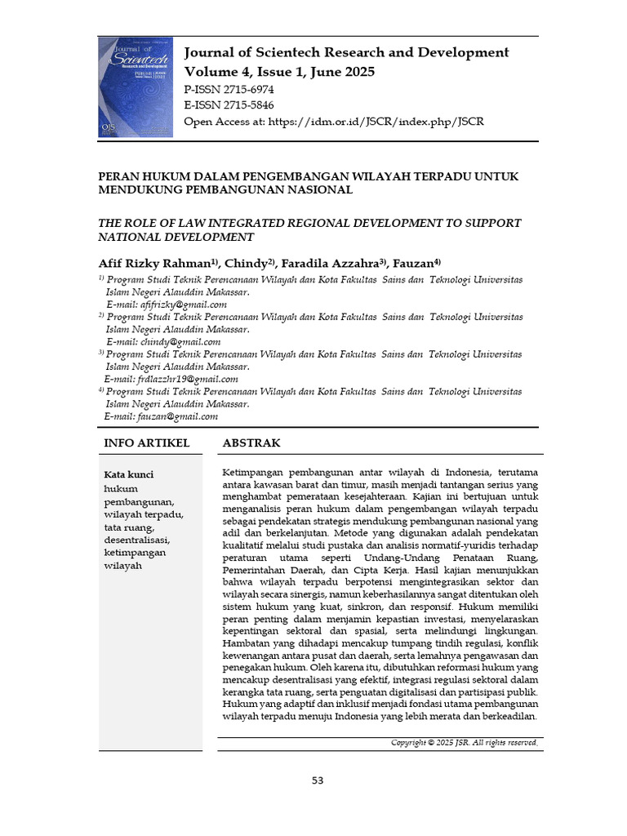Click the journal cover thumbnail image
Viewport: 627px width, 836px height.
point(136,87)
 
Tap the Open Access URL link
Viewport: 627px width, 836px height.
point(376,122)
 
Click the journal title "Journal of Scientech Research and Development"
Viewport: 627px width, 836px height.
point(346,53)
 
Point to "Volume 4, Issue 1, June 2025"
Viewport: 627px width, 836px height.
point(279,72)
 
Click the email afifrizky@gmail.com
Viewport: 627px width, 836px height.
point(184,305)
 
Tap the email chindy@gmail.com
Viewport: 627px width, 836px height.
point(180,342)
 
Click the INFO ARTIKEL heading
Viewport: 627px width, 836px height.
point(147,443)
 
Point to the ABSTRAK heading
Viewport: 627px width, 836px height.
point(251,443)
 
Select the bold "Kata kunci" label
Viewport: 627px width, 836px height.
point(129,474)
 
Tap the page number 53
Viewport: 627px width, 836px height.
point(318,780)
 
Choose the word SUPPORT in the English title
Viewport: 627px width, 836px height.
point(489,223)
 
